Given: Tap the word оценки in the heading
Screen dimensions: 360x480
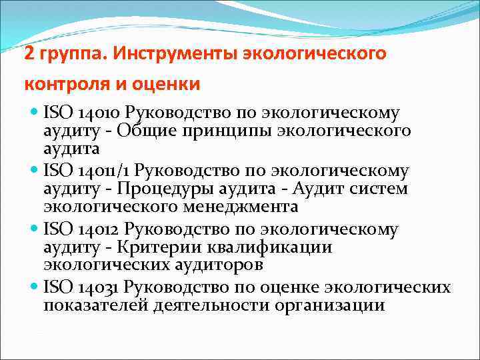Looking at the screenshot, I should [166, 85].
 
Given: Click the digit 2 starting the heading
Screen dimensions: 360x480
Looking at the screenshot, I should [29, 53].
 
